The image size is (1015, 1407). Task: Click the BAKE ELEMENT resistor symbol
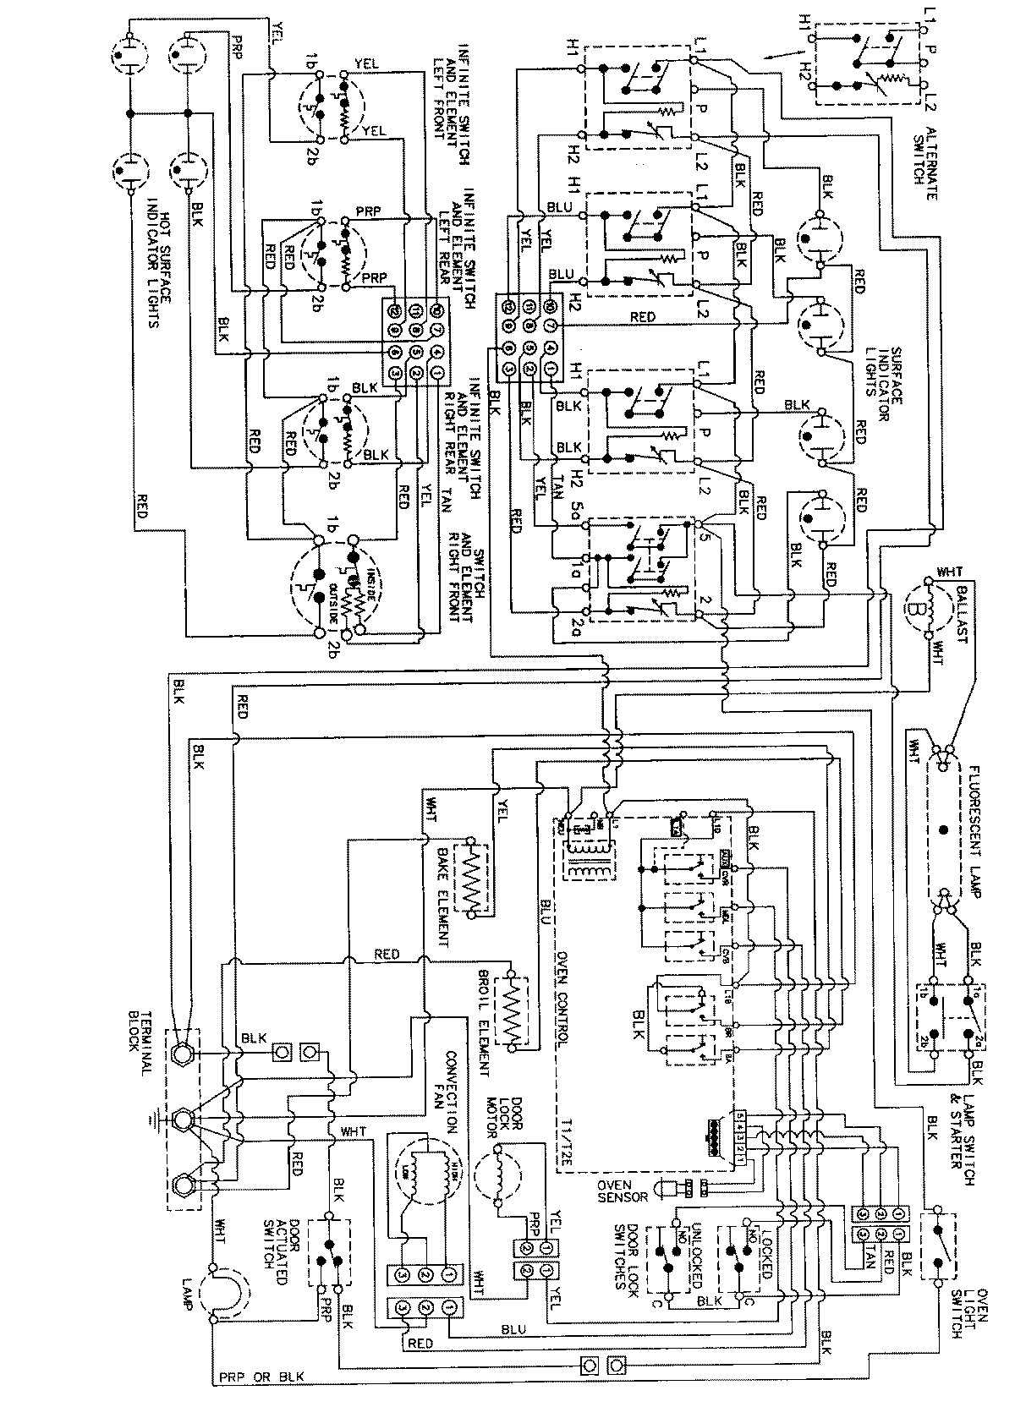pyautogui.click(x=470, y=879)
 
